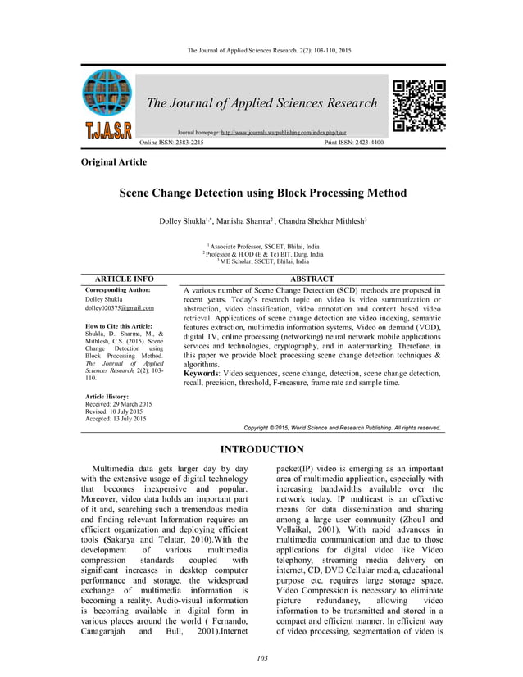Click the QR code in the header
419,107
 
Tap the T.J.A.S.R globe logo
106,106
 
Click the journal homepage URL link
277,132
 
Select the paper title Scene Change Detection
263,194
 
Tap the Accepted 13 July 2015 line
116,419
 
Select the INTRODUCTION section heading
263,449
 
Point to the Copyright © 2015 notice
343,428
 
